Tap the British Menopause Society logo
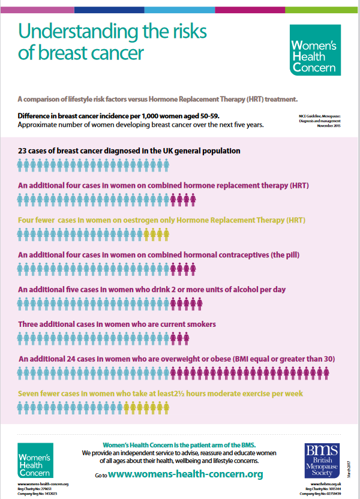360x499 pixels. pos(323,461)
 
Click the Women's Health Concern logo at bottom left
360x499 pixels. pos(35,461)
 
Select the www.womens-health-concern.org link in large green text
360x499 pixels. pos(186,474)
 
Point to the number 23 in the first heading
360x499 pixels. pos(23,151)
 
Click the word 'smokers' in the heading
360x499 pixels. pos(200,324)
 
